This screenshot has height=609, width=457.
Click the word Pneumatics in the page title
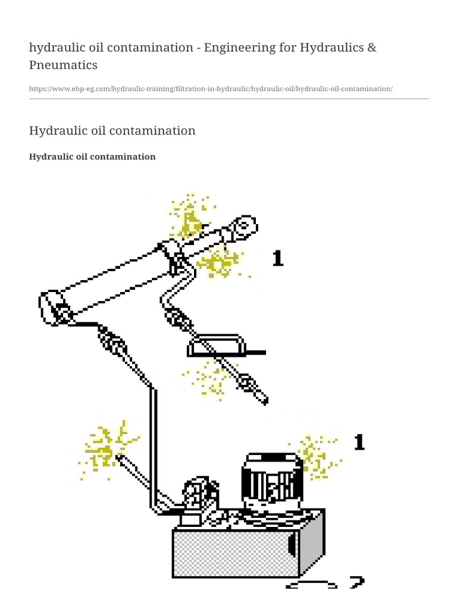point(63,64)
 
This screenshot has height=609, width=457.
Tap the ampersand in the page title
point(371,47)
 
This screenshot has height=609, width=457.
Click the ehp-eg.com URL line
point(211,89)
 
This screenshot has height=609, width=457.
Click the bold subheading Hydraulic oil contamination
point(92,156)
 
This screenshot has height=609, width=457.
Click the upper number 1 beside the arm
point(277,258)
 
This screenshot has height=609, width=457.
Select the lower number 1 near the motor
point(359,442)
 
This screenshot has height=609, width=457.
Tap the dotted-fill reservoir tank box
point(235,553)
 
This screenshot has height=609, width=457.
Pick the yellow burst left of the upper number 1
point(220,262)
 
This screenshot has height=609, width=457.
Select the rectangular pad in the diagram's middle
point(216,345)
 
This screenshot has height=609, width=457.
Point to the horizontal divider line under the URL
point(228,99)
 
